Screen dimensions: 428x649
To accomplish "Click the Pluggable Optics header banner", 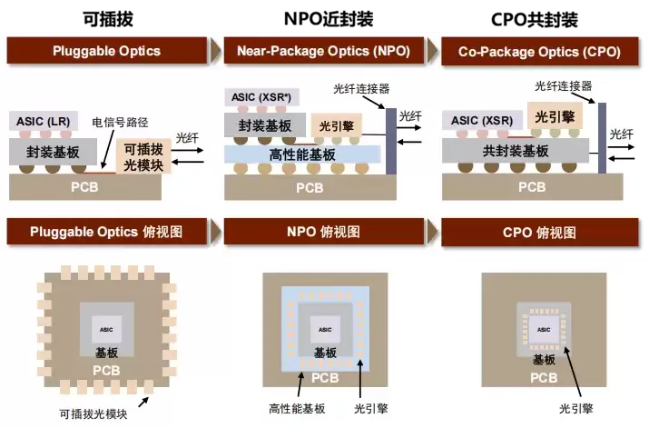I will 107,51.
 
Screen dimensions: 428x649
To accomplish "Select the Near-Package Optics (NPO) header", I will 323,51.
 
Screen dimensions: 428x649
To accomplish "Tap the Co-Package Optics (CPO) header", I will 539,51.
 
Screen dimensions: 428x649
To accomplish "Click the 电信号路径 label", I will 120,121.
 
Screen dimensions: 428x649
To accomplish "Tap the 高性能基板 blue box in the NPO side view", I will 303,155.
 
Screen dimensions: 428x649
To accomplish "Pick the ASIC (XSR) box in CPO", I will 482,121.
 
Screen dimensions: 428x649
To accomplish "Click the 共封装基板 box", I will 516,151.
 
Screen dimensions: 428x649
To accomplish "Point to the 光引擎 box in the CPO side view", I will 555,115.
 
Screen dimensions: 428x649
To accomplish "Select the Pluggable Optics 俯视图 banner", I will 107,232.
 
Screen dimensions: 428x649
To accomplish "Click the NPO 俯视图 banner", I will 323,232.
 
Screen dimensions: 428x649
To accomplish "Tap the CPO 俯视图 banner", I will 539,232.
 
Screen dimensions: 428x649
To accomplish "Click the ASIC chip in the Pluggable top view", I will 106,328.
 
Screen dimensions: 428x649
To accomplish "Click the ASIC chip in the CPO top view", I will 544,329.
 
